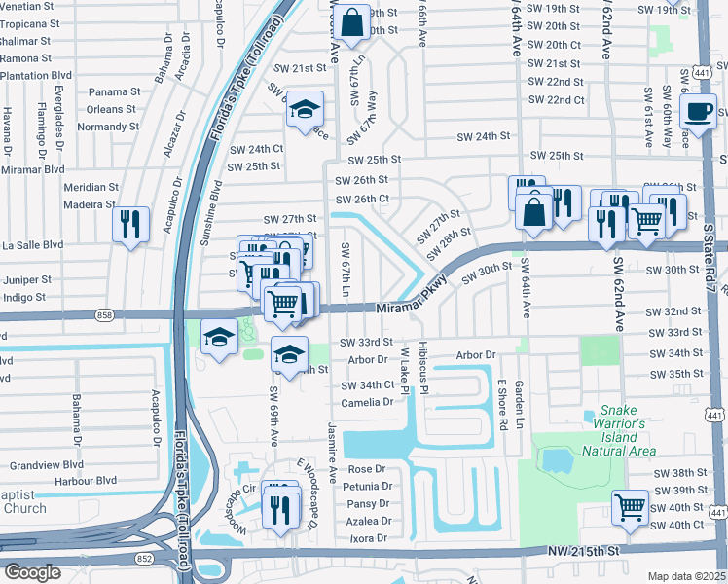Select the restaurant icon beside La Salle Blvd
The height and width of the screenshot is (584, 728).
129,225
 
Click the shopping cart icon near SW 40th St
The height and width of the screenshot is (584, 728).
630,507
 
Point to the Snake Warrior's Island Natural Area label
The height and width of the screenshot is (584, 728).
623,430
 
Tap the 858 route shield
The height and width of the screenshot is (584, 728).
104,315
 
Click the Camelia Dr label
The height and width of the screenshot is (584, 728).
367,402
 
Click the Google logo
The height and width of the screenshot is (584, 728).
33,571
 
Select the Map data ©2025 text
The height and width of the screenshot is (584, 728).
686,576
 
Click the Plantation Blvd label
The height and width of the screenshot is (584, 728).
36,74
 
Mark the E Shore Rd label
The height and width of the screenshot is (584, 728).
503,404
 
